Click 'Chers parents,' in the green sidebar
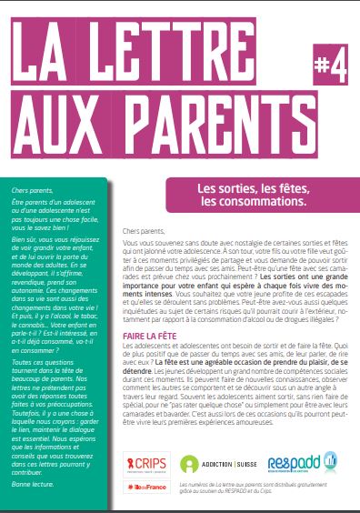(24, 184)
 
